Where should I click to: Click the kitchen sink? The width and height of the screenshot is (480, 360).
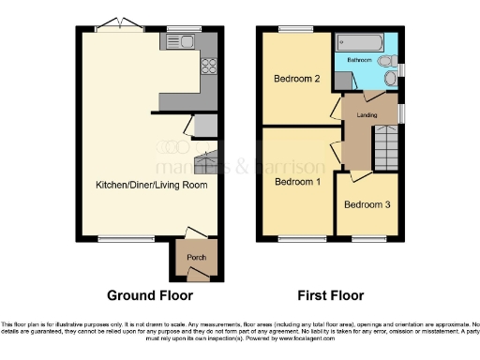pyautogui.click(x=180, y=41)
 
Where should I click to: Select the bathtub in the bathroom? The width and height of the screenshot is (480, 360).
pyautogui.click(x=358, y=42)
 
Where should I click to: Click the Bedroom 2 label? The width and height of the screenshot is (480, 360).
pyautogui.click(x=297, y=80)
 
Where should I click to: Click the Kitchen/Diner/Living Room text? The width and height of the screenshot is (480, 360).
pyautogui.click(x=150, y=185)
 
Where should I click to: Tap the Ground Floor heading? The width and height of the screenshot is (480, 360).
pyautogui.click(x=150, y=295)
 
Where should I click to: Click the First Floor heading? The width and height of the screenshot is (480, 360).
pyautogui.click(x=330, y=295)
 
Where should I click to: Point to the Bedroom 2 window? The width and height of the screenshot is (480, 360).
pyautogui.click(x=292, y=30)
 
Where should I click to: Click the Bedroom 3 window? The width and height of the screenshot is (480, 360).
pyautogui.click(x=364, y=239)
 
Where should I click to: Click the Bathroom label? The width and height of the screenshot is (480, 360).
pyautogui.click(x=359, y=58)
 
